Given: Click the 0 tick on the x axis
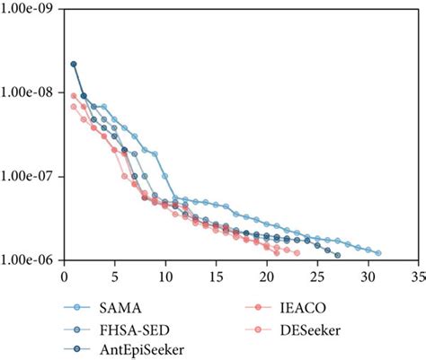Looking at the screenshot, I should click(x=63, y=277).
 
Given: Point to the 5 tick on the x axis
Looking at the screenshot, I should click(x=114, y=277).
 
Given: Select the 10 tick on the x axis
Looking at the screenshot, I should click(x=165, y=277).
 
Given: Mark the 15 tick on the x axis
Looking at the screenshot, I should click(x=216, y=277).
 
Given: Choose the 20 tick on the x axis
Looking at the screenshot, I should click(x=267, y=277).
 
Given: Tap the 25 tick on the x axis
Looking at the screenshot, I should click(x=317, y=277).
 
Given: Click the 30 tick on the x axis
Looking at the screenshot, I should click(x=368, y=277).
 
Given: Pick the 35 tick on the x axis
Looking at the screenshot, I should click(x=419, y=277).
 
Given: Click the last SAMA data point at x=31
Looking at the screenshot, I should click(x=378, y=253).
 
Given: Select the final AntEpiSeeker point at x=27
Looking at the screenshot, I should click(x=338, y=256).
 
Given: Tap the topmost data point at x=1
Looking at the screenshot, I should click(x=74, y=64).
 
